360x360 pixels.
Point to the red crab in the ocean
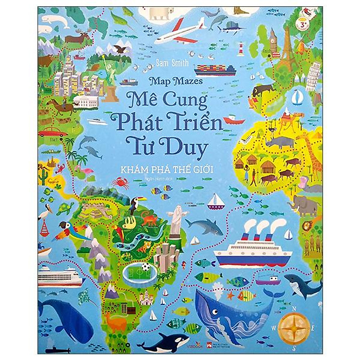pyautogui.click(x=120, y=182)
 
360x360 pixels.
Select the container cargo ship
pyautogui.click(x=215, y=70)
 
